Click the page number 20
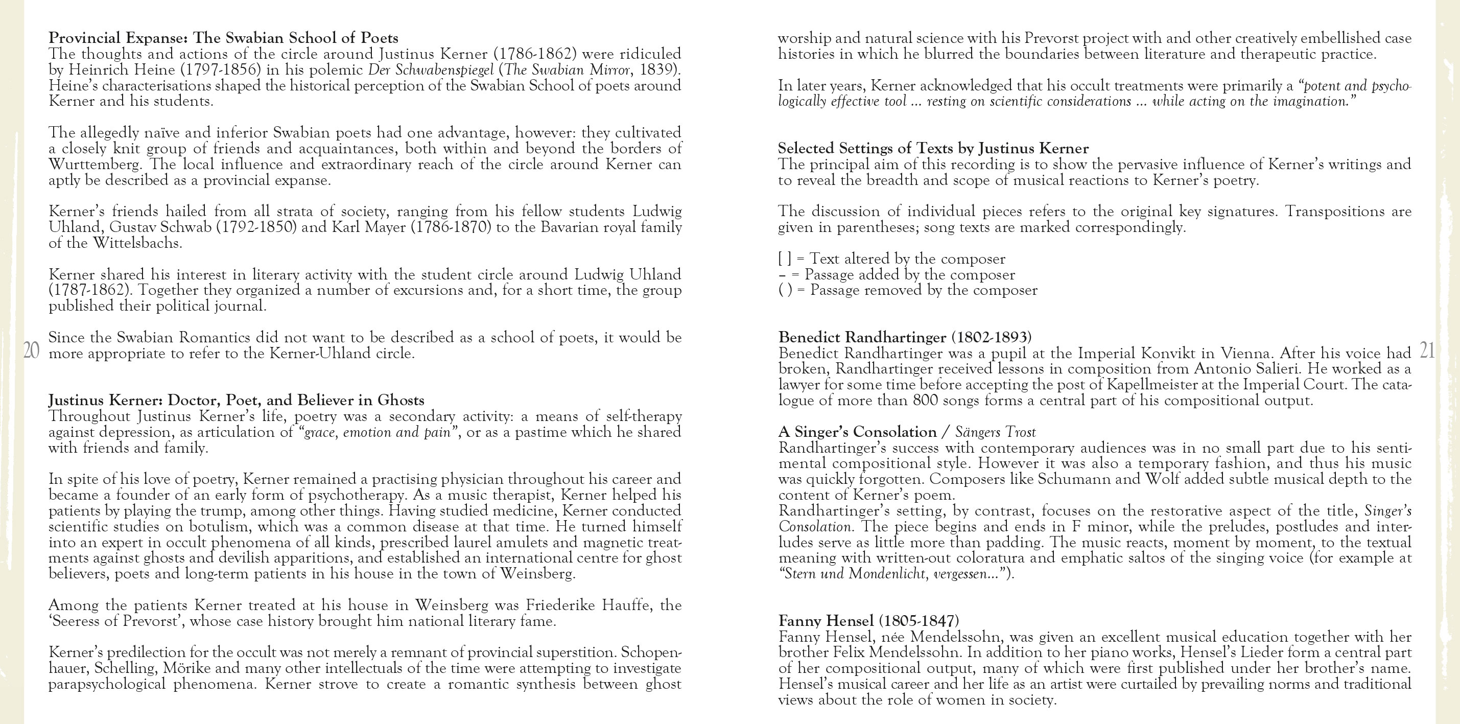[32, 351]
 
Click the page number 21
[1427, 351]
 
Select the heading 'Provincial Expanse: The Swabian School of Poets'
[223, 38]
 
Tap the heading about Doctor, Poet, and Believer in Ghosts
[236, 400]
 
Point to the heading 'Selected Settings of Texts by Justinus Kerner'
[933, 149]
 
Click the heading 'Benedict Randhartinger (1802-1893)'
[905, 337]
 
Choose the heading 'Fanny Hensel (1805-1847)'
[868, 621]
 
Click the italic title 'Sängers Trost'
[995, 433]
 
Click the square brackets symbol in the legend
[785, 259]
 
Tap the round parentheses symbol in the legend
[785, 290]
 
